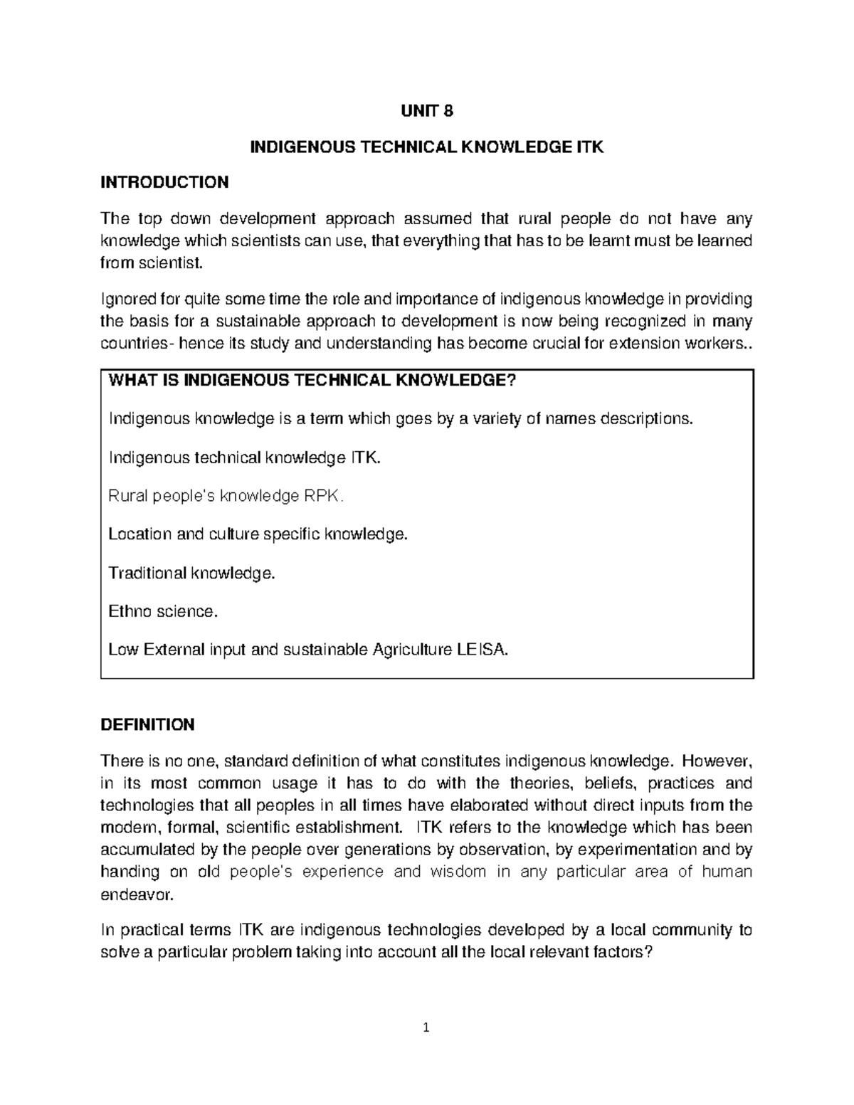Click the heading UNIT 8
427,111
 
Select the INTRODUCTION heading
164,182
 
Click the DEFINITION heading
147,725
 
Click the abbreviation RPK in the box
323,496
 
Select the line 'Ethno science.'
162,611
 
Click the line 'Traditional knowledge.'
191,573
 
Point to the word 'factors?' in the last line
621,953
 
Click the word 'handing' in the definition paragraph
130,872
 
